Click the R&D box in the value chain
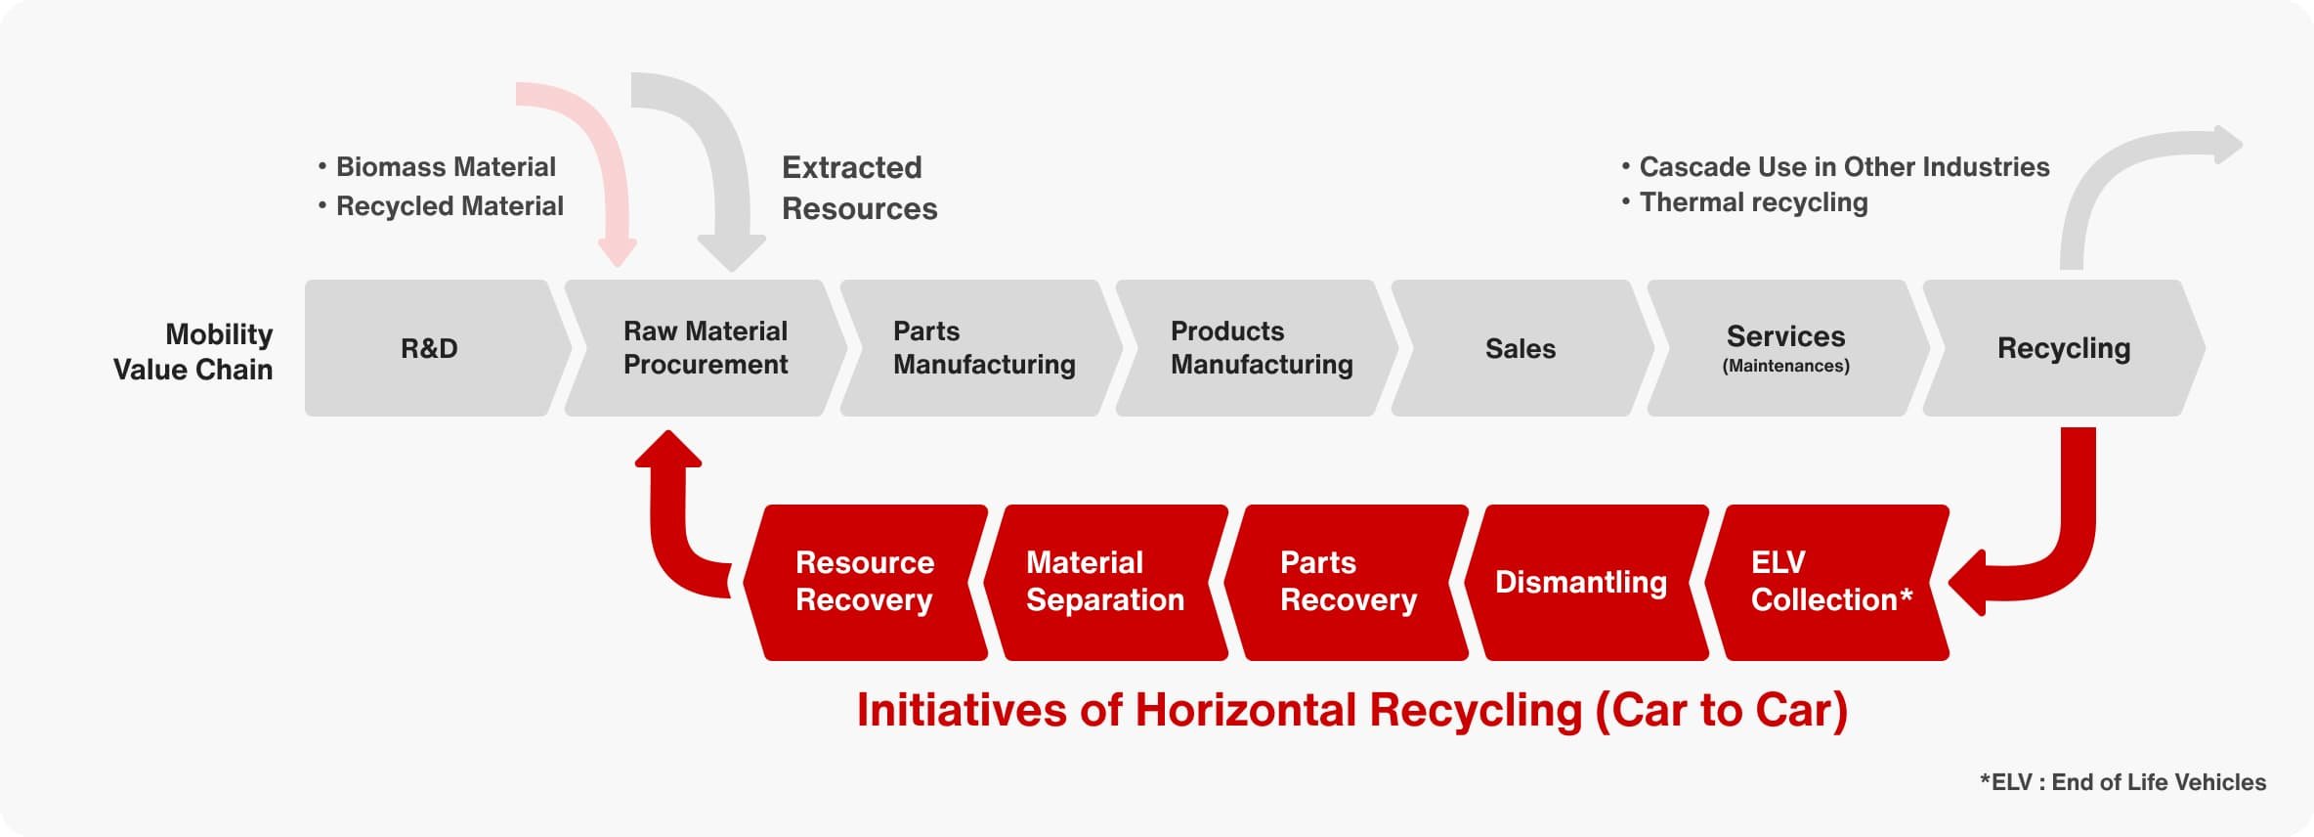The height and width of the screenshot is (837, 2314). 430,348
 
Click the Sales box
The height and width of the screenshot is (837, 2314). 1521,348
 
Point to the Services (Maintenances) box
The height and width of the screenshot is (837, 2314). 1787,348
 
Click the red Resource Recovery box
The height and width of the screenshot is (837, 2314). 865,583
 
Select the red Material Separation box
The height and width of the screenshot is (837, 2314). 1105,583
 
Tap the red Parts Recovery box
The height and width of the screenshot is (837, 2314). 1346,583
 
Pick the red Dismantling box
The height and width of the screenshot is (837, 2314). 1586,583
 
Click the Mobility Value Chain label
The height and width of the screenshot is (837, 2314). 193,352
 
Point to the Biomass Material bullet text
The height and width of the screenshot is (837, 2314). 437,167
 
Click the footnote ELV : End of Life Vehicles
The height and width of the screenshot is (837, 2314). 2122,782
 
